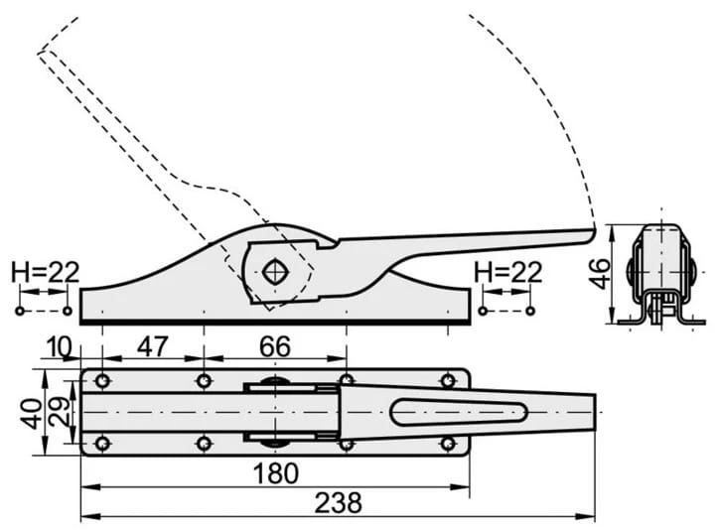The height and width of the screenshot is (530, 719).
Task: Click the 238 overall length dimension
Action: [338, 502]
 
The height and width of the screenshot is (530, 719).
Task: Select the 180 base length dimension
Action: [276, 473]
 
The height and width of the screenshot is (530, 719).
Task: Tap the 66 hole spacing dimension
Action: [275, 346]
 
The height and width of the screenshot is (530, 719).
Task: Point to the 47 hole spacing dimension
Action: [153, 346]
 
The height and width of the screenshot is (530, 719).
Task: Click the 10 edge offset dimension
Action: [59, 347]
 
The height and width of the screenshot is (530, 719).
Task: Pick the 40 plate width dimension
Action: [32, 414]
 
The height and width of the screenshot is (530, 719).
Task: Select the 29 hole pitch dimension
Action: [60, 412]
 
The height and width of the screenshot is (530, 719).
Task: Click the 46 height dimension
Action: [599, 274]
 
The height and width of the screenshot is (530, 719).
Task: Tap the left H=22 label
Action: [46, 272]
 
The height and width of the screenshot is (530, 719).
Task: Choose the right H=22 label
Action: [508, 272]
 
